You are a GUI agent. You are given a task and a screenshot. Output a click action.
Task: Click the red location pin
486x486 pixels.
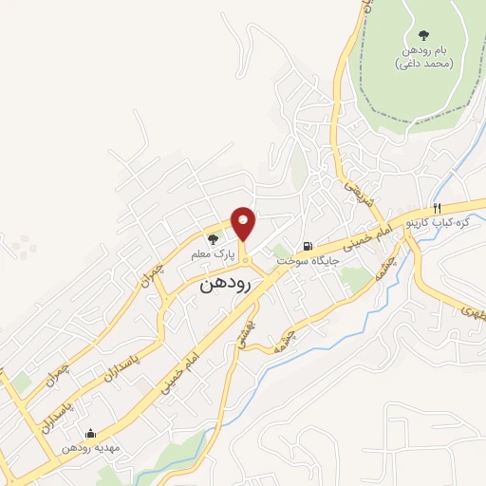point(244,223)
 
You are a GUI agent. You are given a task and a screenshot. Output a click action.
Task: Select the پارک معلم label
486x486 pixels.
point(211,254)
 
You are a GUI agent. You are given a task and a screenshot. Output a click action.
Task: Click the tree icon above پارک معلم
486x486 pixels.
point(212,238)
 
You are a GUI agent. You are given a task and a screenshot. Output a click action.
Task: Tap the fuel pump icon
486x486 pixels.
point(305,243)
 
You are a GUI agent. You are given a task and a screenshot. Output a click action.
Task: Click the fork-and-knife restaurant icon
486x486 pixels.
point(437,207)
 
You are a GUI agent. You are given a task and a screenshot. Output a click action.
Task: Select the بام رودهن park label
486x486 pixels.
point(423,56)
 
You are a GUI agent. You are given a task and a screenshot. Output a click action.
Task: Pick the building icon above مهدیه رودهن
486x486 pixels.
point(90,433)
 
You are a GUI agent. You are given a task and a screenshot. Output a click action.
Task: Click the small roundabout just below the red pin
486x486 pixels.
point(244,260)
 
